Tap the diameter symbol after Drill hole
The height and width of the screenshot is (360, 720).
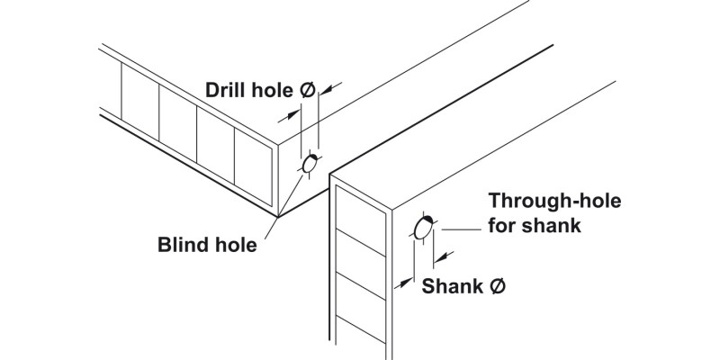click(305, 91)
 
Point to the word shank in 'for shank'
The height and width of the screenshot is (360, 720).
click(552, 225)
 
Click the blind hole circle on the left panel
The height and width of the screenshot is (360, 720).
click(310, 165)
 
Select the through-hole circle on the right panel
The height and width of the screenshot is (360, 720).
click(424, 226)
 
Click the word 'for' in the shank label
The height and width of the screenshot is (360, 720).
click(501, 225)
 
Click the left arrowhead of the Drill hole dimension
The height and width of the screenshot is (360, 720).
click(294, 112)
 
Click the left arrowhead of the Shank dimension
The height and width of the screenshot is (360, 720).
click(402, 288)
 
